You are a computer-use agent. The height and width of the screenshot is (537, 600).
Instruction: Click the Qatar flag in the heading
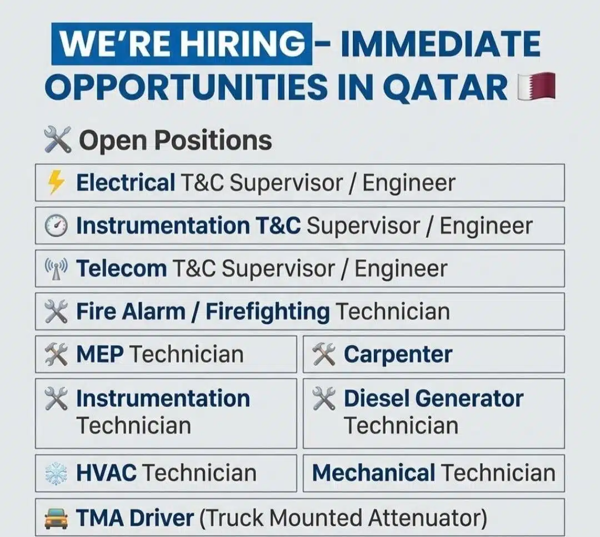pyautogui.click(x=536, y=86)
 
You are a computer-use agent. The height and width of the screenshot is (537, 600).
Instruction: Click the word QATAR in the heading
pyautogui.click(x=444, y=87)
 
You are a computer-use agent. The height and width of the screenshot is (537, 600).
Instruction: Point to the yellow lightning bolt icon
pyautogui.click(x=56, y=183)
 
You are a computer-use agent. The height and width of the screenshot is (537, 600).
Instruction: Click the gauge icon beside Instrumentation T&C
pyautogui.click(x=56, y=225)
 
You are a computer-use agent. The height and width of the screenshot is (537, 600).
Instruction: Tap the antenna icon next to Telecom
pyautogui.click(x=56, y=269)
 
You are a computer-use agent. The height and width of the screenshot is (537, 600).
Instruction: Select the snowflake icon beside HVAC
pyautogui.click(x=56, y=474)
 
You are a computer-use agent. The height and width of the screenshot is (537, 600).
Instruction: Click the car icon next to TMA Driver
pyautogui.click(x=56, y=518)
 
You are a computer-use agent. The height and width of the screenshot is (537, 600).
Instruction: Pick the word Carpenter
pyautogui.click(x=398, y=354)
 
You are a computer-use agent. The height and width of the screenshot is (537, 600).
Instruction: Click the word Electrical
pyautogui.click(x=126, y=183)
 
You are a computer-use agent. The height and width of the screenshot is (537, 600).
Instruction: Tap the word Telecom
pyautogui.click(x=121, y=269)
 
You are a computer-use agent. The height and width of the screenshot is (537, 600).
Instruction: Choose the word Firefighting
pyautogui.click(x=267, y=312)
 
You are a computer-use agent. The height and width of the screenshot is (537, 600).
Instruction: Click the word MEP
pyautogui.click(x=99, y=354)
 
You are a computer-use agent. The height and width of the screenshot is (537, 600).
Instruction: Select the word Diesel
pyautogui.click(x=376, y=398)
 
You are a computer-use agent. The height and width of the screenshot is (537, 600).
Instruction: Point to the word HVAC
pyautogui.click(x=106, y=473)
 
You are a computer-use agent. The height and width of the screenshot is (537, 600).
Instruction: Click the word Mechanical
pyautogui.click(x=373, y=473)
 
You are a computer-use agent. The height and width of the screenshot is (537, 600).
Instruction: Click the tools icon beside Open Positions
pyautogui.click(x=58, y=140)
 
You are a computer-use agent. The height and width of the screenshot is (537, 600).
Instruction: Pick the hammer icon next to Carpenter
pyautogui.click(x=324, y=354)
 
